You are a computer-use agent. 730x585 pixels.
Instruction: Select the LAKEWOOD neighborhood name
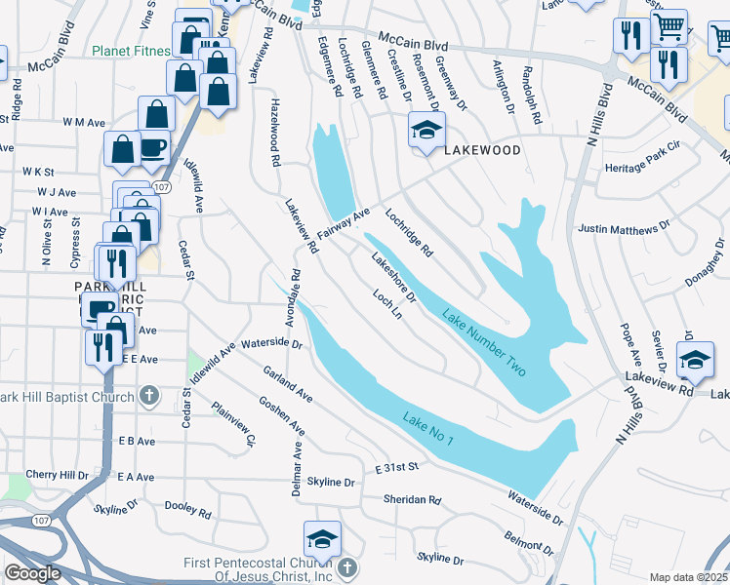pos(482,151)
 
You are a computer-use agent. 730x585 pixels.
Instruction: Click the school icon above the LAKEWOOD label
pos(426,130)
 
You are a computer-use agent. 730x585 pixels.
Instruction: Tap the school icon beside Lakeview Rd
pos(695,360)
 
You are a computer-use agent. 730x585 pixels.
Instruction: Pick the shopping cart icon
pos(669,27)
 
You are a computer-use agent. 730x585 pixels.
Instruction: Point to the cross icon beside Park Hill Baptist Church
pos(148,395)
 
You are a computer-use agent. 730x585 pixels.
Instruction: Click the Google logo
pos(32,573)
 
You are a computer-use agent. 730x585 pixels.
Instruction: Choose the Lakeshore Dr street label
pos(393,277)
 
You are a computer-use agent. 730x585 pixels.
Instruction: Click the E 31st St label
pos(396,468)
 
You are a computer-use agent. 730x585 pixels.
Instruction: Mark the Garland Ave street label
pos(287,385)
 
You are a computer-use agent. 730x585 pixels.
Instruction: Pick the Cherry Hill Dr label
pos(57,474)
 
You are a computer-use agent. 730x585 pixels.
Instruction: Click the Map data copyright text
pos(688,577)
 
